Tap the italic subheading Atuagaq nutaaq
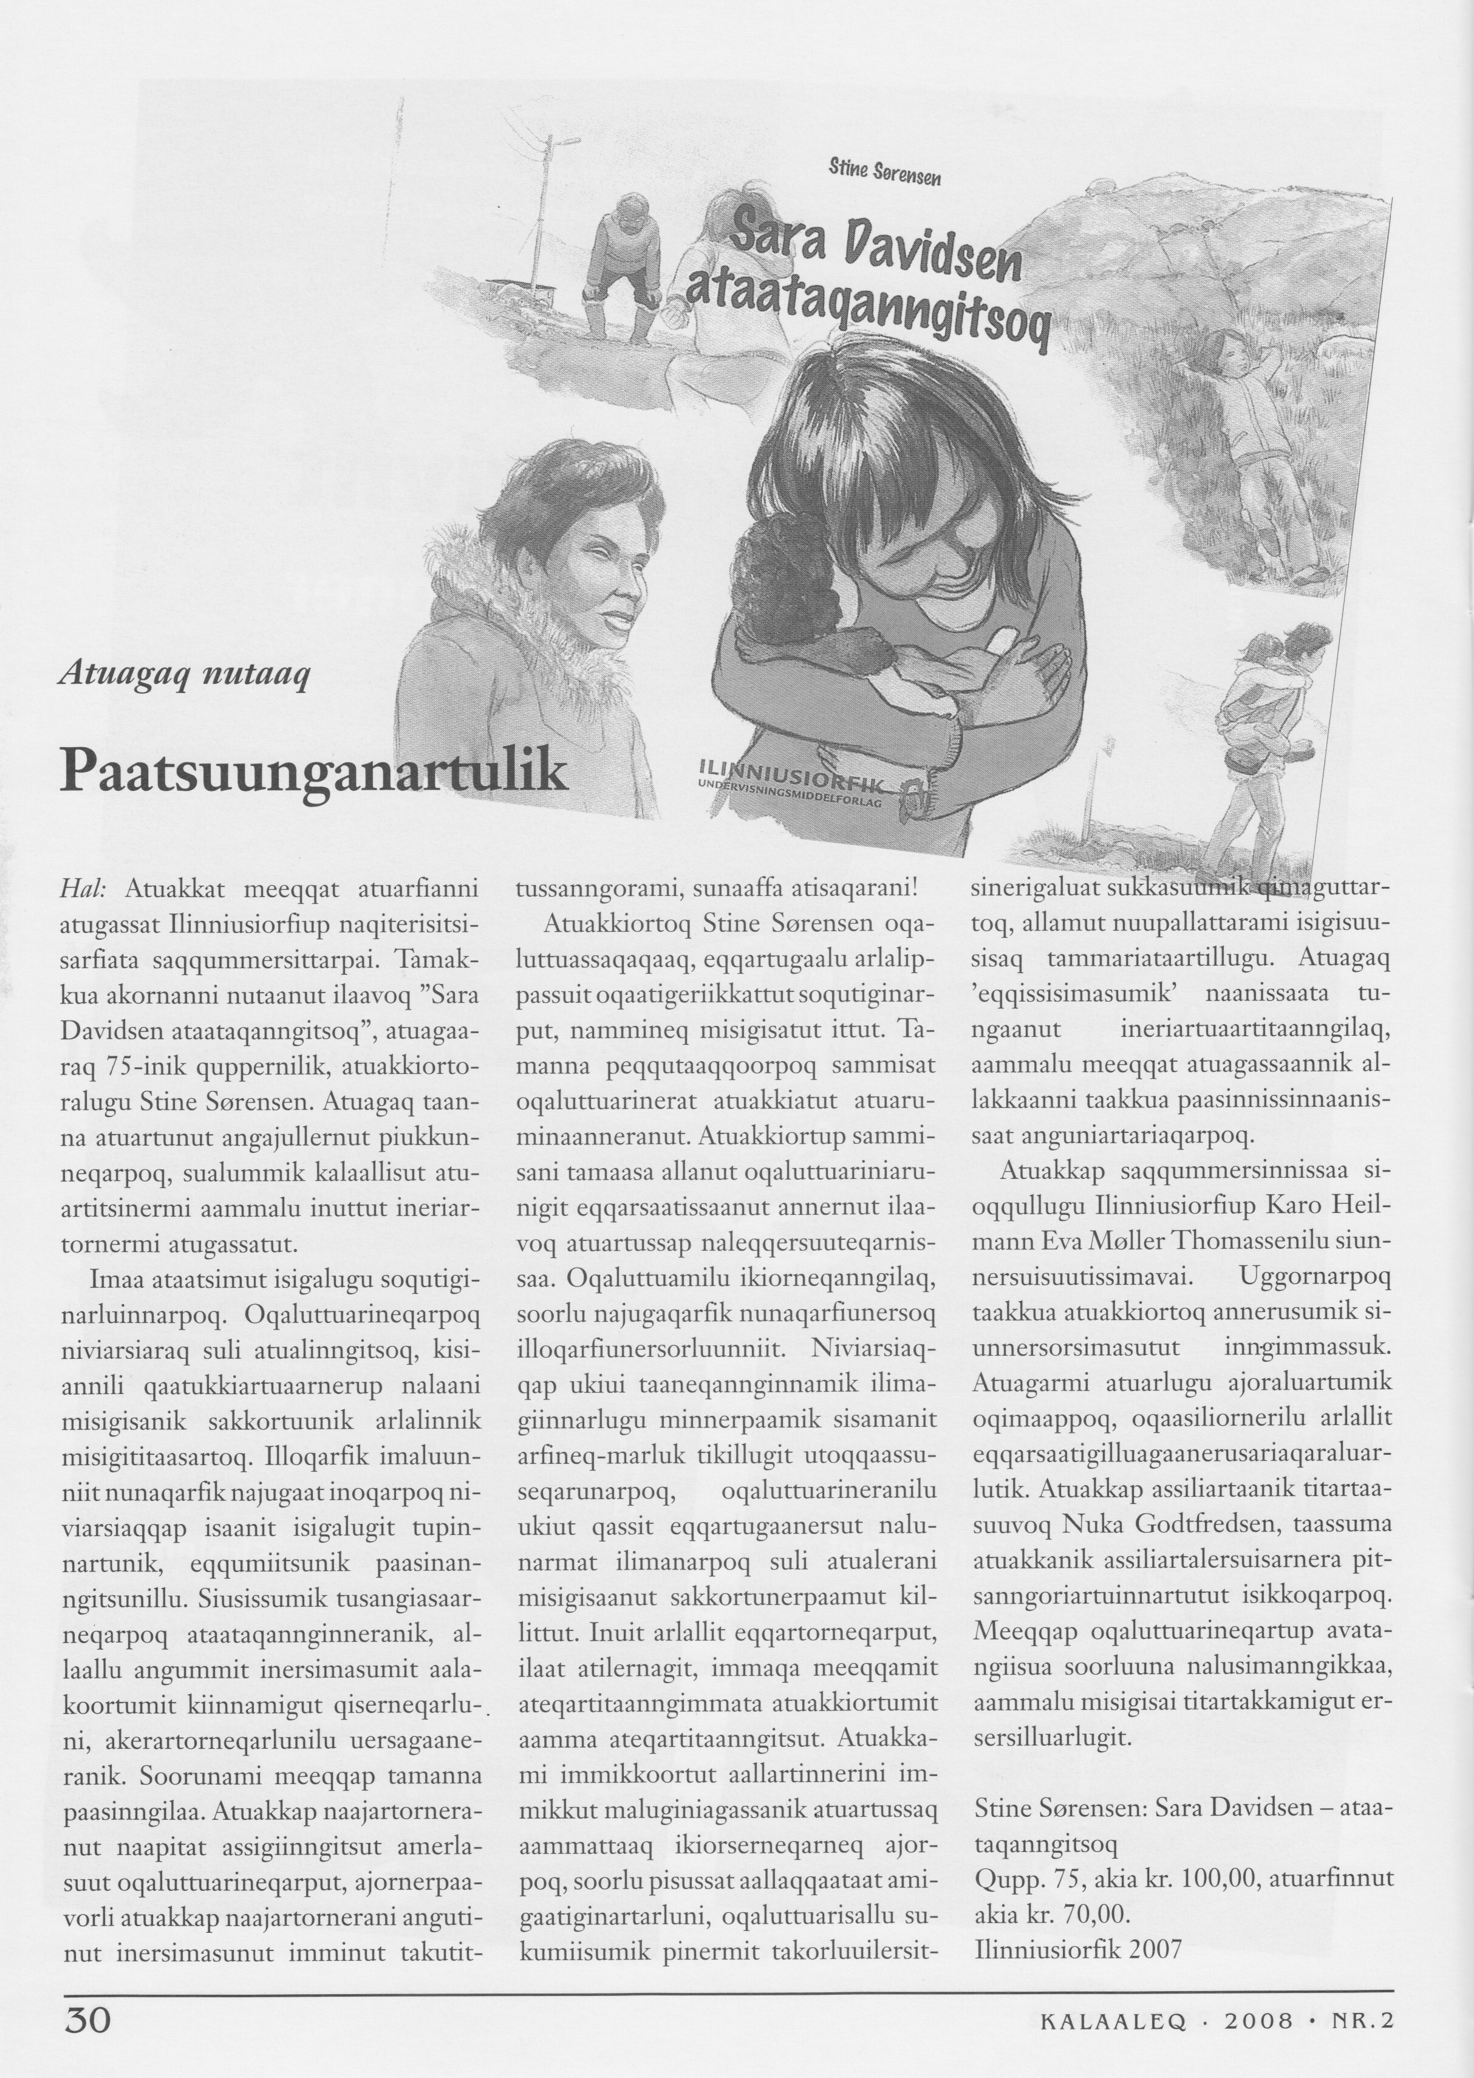pyautogui.click(x=185, y=674)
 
